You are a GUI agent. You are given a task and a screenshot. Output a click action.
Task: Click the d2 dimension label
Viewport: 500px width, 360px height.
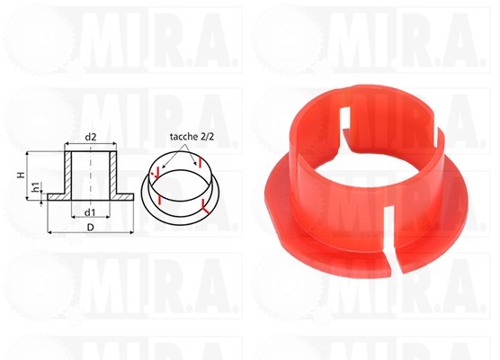click(90, 136)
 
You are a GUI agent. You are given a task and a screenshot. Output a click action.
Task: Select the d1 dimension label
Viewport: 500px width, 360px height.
click(90, 211)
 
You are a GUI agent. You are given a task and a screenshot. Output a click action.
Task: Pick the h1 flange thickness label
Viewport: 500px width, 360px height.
click(35, 189)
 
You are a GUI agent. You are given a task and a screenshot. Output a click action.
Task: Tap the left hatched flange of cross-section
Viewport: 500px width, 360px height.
click(57, 195)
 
